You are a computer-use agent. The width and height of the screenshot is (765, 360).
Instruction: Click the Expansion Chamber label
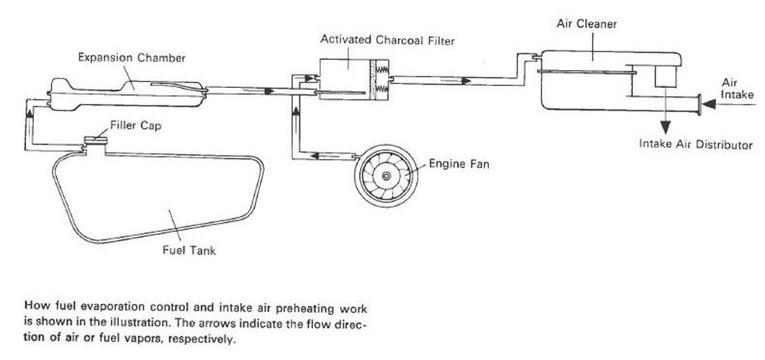coord(131,58)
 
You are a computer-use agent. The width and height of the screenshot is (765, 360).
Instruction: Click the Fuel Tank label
coord(189,250)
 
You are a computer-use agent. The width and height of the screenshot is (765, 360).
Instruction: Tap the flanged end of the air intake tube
coord(700,105)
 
